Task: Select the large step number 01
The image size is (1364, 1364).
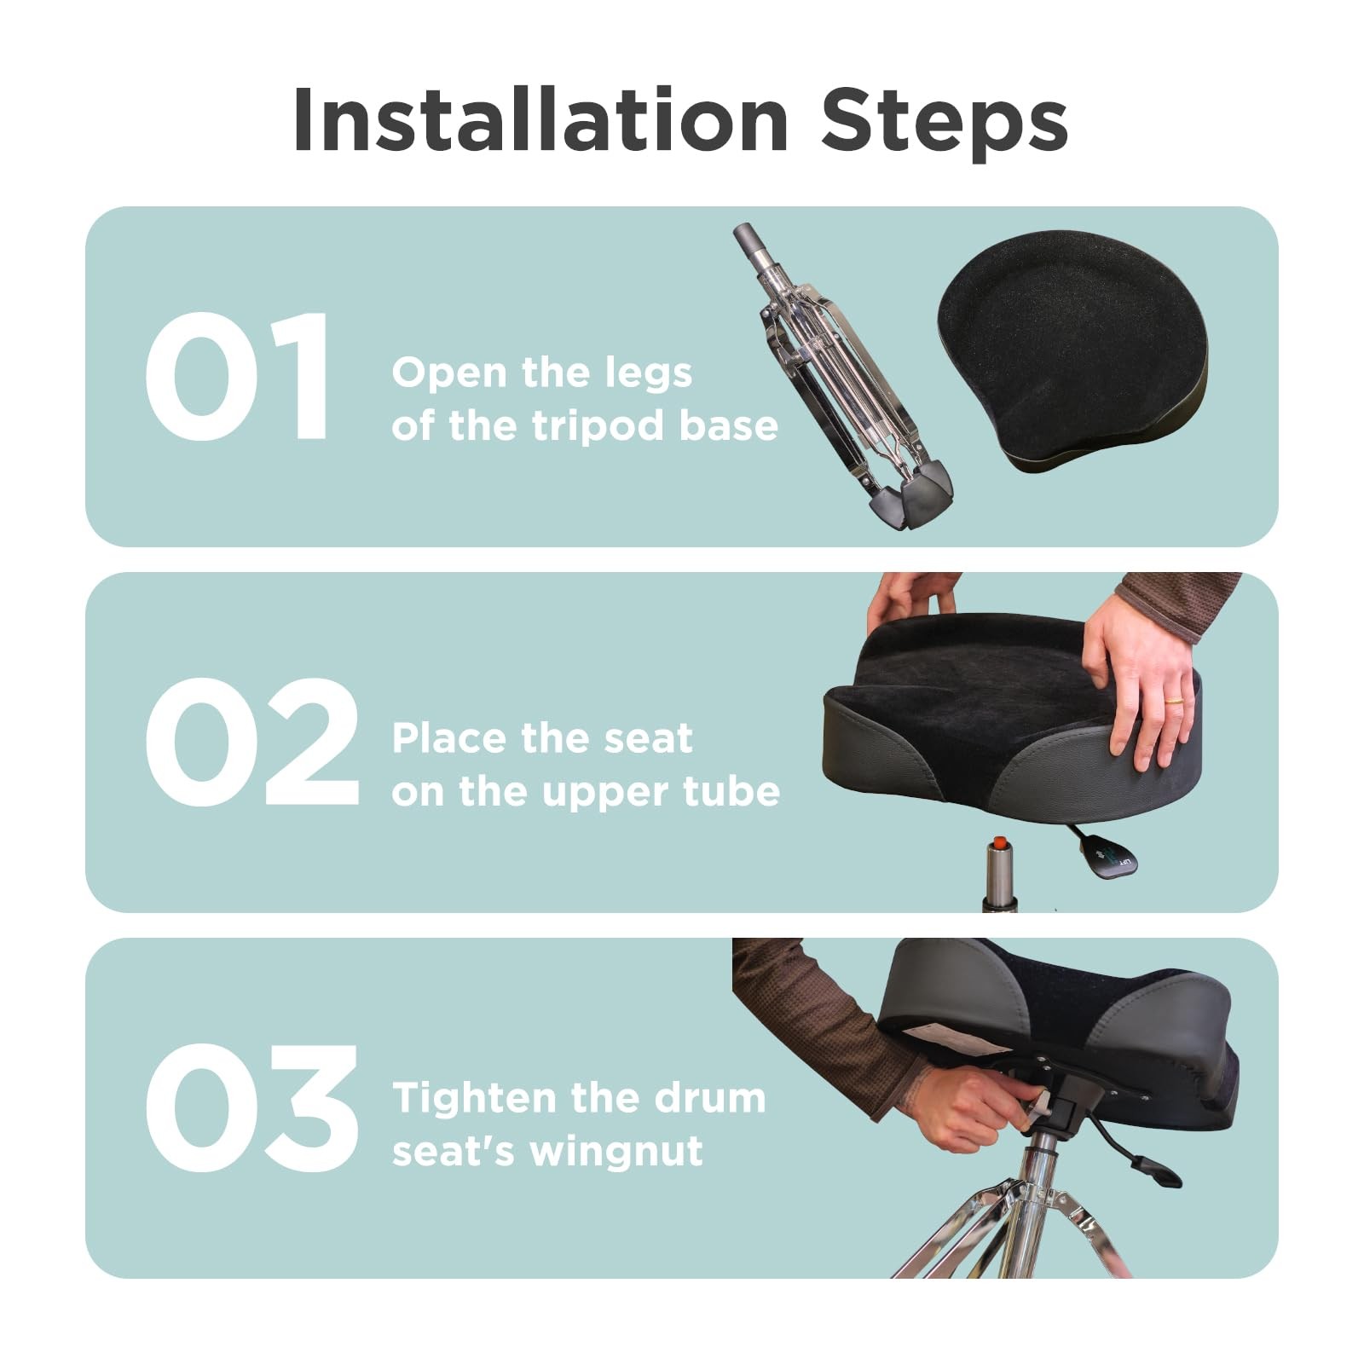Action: pos(237,377)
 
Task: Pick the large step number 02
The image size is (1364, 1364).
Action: pos(251,743)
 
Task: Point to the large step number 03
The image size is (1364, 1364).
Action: pos(251,1107)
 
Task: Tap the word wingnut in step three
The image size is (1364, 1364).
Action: pos(616,1152)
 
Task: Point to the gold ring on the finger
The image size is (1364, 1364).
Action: pos(1175,700)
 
